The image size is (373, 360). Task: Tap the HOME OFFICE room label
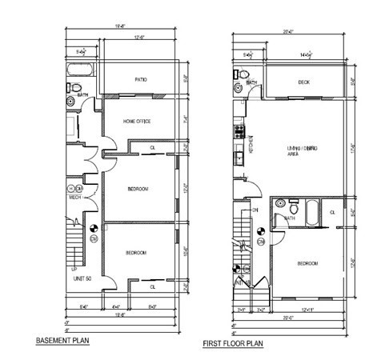tap(137, 122)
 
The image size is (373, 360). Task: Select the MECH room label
tap(74, 197)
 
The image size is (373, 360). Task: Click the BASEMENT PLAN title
tap(62, 341)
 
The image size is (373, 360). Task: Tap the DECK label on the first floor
tap(304, 82)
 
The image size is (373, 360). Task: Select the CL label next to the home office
tap(153, 148)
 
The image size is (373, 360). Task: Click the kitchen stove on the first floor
tap(237, 130)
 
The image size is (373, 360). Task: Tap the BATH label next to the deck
tap(251, 82)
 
